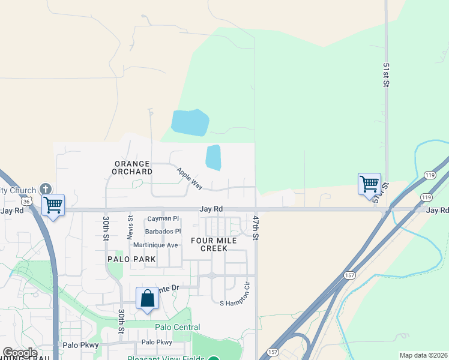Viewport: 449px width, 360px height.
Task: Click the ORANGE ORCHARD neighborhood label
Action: point(132,167)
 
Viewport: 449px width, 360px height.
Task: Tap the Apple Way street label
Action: point(189,178)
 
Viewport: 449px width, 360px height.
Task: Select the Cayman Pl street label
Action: point(163,219)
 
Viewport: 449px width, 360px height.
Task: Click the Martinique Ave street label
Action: point(155,245)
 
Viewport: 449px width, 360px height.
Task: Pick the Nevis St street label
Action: point(130,227)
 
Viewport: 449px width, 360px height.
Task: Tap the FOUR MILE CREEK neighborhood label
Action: point(214,244)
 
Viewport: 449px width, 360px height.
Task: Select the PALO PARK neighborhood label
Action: point(131,259)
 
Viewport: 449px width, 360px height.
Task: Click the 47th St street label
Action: point(256,228)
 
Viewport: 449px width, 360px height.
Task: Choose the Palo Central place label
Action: point(177,327)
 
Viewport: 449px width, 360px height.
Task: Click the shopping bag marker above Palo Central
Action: point(148,298)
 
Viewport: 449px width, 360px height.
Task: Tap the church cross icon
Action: point(45,189)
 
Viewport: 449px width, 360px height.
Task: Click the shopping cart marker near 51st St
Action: point(369,184)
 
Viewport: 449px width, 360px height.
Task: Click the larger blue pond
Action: point(190,122)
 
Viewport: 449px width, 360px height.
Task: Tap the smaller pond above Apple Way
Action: point(213,157)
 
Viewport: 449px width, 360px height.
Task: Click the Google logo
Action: point(20,353)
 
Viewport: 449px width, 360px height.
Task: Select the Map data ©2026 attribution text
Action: point(423,355)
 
